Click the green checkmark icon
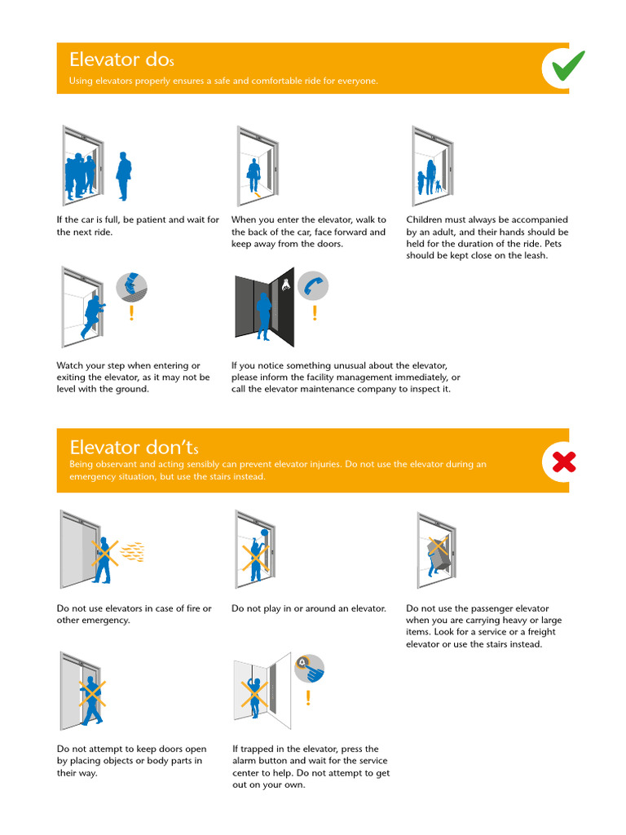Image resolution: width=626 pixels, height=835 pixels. click(567, 67)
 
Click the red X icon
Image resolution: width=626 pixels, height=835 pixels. click(564, 462)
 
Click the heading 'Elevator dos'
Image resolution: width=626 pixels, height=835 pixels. click(121, 60)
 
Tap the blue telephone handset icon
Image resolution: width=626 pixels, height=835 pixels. click(313, 285)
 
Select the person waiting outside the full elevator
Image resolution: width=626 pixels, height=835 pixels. click(123, 175)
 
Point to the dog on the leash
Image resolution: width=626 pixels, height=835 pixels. click(437, 186)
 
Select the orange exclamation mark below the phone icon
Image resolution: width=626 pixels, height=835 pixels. click(315, 313)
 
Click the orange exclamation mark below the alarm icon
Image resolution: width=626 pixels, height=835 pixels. click(308, 698)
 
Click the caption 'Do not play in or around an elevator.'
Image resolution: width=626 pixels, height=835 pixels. click(308, 608)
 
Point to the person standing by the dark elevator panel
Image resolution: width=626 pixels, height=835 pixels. click(263, 316)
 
